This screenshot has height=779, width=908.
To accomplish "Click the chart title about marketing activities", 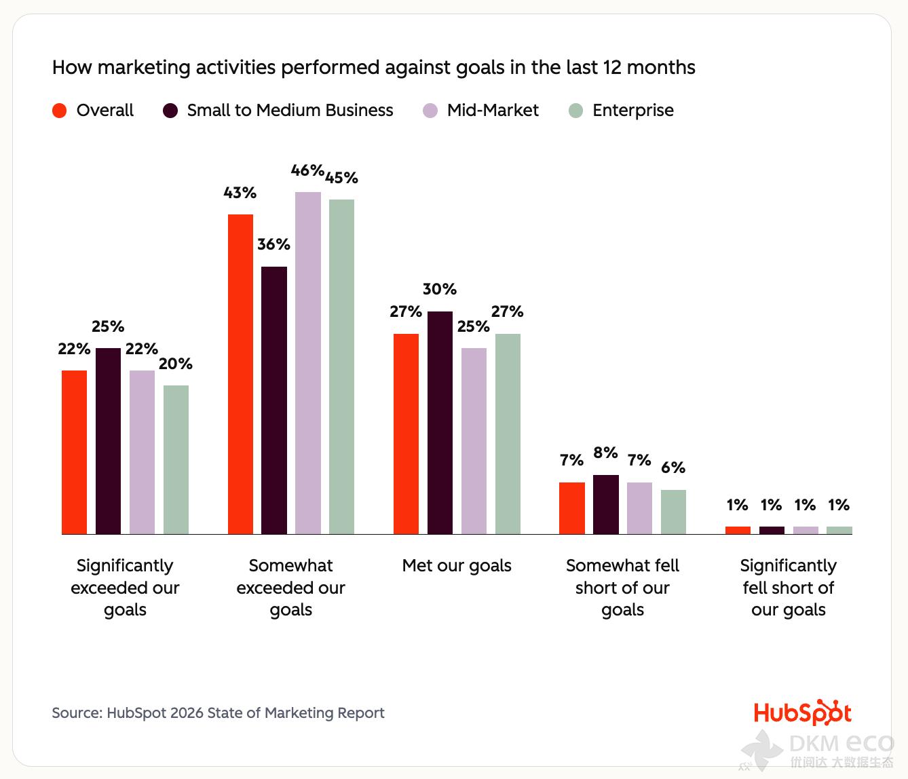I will click(x=373, y=68).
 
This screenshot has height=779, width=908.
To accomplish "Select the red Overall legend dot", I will click(x=60, y=111).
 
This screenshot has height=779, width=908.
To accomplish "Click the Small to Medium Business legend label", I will click(x=290, y=111).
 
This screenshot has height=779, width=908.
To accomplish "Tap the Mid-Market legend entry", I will click(x=492, y=111).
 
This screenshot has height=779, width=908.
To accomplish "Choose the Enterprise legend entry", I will click(x=632, y=111).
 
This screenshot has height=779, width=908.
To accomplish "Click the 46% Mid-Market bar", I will click(x=308, y=363).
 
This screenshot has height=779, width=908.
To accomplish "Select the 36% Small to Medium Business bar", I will click(x=274, y=400).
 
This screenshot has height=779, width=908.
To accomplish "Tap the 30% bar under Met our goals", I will click(x=440, y=423).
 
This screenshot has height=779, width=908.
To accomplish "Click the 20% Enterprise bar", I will click(x=176, y=460).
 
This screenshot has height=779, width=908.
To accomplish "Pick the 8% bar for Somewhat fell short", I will click(x=606, y=505).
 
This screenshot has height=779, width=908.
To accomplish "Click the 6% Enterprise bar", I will click(x=673, y=512).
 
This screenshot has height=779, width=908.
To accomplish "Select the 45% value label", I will click(x=341, y=178).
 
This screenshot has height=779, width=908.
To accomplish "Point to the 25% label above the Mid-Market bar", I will click(x=473, y=326).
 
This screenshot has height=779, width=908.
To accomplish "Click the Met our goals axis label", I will click(x=457, y=566).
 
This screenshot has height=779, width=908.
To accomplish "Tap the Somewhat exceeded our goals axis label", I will click(x=290, y=588).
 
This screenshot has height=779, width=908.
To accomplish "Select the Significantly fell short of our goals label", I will click(x=788, y=588).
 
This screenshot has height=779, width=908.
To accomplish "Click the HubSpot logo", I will click(x=802, y=713).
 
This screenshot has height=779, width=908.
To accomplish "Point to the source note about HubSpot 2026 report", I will click(x=218, y=713).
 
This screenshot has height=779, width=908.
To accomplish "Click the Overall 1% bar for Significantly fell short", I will click(x=738, y=531).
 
